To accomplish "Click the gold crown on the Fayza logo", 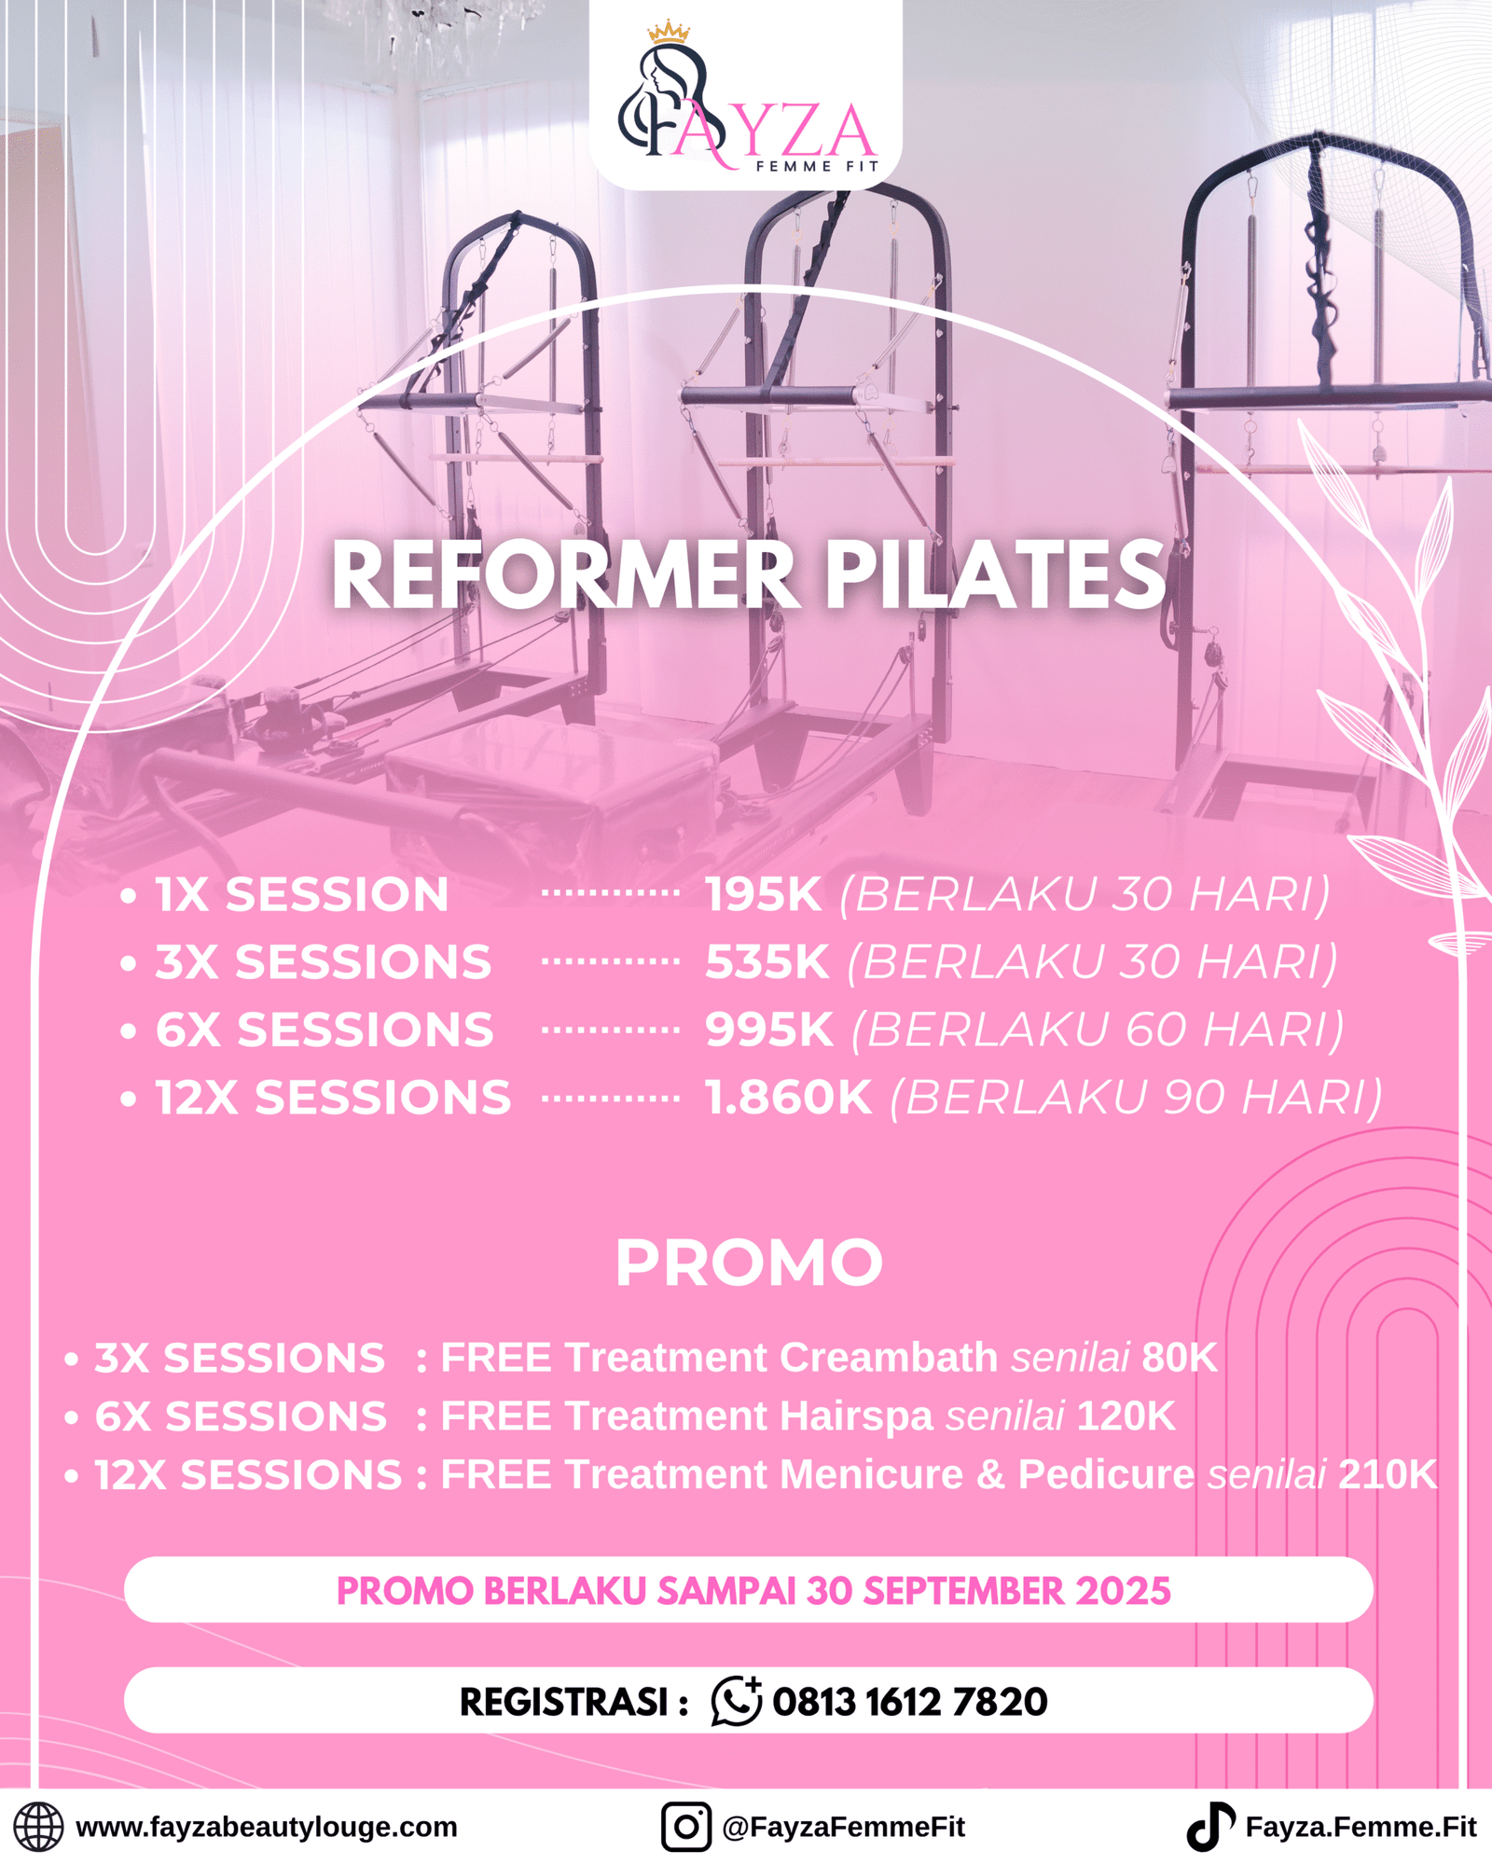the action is [x=669, y=33].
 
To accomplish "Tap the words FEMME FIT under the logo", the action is [x=817, y=167].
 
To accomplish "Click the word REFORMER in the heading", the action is [x=565, y=575].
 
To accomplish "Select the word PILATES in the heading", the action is [x=995, y=575].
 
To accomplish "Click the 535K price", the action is [x=767, y=961].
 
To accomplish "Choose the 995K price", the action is [x=769, y=1029].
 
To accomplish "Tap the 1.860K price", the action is [x=789, y=1097].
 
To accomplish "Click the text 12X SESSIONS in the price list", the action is [x=333, y=1098].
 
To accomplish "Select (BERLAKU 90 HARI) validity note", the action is [x=1136, y=1098].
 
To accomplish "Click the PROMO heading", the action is [x=749, y=1264].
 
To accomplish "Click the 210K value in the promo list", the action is [x=1388, y=1475].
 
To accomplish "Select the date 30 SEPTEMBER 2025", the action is [x=988, y=1591].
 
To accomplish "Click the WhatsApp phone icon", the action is [x=737, y=1701].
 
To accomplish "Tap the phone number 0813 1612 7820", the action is [x=910, y=1702].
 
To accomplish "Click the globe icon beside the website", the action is [x=38, y=1826].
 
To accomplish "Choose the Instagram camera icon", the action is [x=686, y=1826].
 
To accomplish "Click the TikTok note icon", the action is [x=1210, y=1826].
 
